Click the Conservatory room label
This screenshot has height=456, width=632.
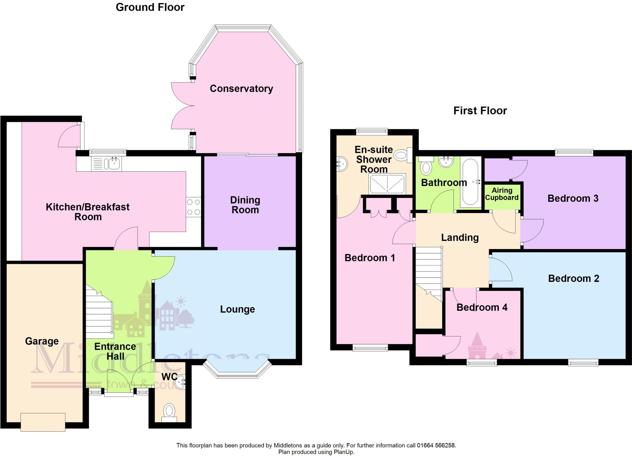click(x=241, y=89)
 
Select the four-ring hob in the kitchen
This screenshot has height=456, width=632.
click(x=193, y=207)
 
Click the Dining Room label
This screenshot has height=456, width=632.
click(x=245, y=205)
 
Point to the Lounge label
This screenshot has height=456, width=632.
click(x=237, y=309)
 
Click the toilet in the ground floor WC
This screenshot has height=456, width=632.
click(x=169, y=411)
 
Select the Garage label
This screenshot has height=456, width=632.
click(x=42, y=341)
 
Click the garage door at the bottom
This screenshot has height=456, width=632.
click(x=43, y=422)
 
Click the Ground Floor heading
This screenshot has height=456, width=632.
click(x=150, y=7)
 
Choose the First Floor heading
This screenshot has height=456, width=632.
click(x=480, y=111)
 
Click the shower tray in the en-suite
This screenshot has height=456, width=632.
click(x=388, y=184)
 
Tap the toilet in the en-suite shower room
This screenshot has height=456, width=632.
click(x=401, y=155)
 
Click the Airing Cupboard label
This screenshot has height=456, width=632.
click(x=502, y=194)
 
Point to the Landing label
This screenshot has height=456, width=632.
click(x=460, y=237)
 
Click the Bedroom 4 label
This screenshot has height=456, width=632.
click(x=482, y=307)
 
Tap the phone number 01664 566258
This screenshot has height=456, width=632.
click(x=436, y=445)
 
